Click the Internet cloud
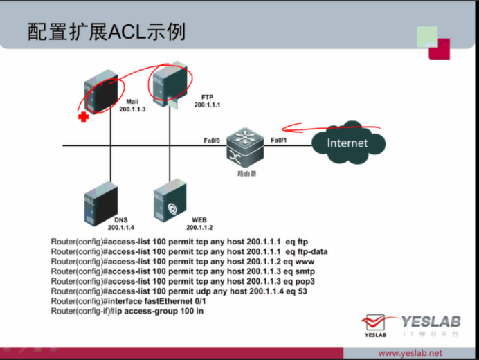click(x=347, y=143)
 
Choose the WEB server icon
click(x=168, y=200)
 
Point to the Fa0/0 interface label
click(x=212, y=141)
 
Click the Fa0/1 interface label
click(x=279, y=141)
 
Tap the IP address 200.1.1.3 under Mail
click(x=132, y=109)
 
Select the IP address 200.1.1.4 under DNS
click(x=120, y=227)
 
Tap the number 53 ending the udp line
click(x=302, y=291)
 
